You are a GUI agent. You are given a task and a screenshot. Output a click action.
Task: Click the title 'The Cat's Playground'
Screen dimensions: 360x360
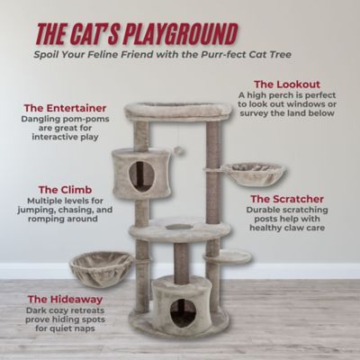(136, 34)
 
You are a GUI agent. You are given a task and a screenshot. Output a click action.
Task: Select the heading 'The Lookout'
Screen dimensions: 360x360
(286, 84)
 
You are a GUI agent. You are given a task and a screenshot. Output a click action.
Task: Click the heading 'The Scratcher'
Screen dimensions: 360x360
(286, 198)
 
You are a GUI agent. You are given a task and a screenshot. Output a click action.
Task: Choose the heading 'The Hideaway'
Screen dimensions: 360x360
(64, 298)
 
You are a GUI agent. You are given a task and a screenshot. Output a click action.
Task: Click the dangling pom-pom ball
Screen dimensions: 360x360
(178, 149)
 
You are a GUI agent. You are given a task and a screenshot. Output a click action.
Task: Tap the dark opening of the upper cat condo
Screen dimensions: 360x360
(142, 175)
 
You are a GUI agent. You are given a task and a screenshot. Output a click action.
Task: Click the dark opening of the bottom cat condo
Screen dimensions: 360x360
(183, 311)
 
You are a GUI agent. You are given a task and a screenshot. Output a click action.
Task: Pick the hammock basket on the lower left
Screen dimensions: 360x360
(101, 267)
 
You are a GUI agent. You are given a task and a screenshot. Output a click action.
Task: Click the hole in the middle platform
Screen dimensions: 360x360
(178, 226)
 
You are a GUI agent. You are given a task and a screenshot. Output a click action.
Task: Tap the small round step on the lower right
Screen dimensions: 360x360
(229, 256)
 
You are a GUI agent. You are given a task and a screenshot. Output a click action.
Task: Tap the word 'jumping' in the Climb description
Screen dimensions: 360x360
(53, 217)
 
